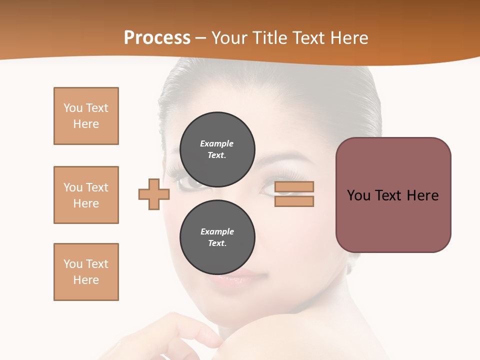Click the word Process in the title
pos(157,38)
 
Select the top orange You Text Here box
pos(86,116)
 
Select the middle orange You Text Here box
pos(86,195)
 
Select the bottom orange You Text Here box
pos(86,272)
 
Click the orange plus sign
pos(154,194)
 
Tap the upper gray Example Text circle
pos(217,149)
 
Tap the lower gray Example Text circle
pos(217,237)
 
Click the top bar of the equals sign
pos(294,187)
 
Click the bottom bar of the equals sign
pos(294,201)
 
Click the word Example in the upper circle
pos(217,143)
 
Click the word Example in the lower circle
pos(217,231)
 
